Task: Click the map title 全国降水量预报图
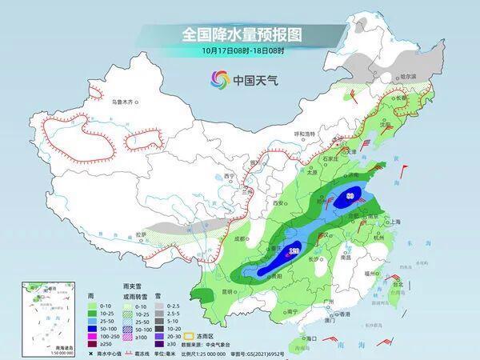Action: coord(239,34)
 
